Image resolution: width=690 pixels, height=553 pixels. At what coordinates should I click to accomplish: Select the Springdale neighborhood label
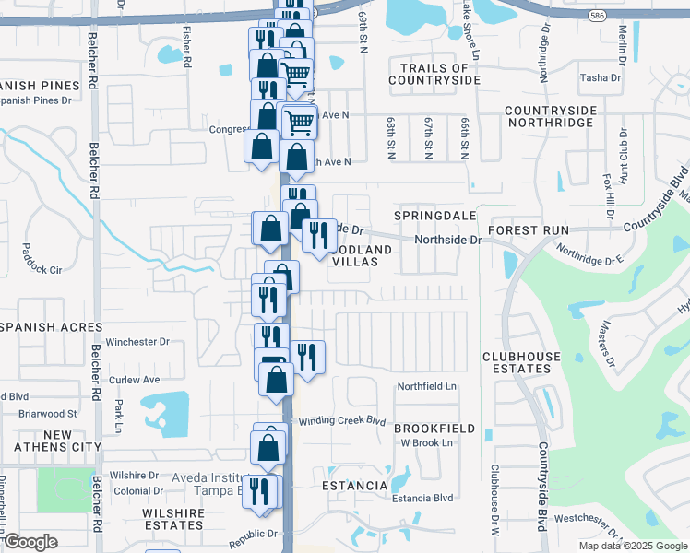[x=434, y=215]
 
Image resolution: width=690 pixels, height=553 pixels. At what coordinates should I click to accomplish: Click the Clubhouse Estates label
[x=517, y=362]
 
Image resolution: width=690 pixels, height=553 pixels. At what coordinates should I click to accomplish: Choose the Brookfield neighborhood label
[x=434, y=429]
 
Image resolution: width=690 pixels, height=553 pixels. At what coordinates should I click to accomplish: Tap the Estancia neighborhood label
[x=354, y=485]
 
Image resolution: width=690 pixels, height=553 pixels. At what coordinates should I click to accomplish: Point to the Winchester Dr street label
[x=137, y=342]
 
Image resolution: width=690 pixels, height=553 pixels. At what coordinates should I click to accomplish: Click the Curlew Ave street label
[x=135, y=379]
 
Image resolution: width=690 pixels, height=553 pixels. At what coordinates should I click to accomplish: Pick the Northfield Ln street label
[x=427, y=386]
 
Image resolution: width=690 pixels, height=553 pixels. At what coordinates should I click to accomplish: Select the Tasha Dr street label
[x=601, y=78]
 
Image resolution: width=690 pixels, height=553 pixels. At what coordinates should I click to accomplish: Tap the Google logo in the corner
[x=30, y=542]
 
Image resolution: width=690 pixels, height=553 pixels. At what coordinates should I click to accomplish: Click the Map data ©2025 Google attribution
[x=631, y=546]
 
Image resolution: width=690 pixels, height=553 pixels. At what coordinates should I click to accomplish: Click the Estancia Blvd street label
[x=422, y=499]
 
